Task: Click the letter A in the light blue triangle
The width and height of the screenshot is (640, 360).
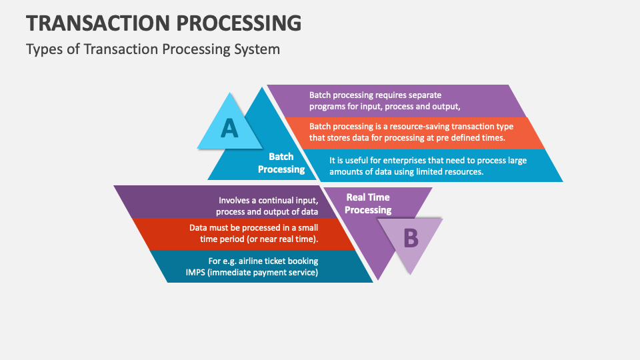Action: [229, 127]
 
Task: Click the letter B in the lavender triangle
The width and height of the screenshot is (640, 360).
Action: [411, 237]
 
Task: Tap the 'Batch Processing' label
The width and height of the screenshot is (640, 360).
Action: [281, 163]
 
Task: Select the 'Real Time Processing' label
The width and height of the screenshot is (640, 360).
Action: [368, 203]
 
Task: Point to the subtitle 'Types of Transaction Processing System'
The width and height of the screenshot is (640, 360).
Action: [153, 49]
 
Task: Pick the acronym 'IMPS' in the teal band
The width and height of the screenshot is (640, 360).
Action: [197, 272]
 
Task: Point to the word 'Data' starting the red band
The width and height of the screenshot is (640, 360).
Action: [200, 227]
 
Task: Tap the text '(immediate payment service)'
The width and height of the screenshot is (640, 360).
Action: [264, 272]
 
